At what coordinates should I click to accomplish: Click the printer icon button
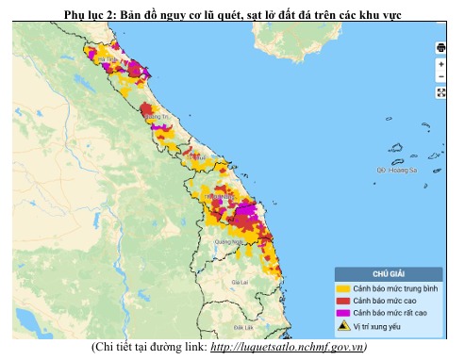point(440,48)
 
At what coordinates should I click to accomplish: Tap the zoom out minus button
point(440,76)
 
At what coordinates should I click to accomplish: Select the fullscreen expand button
point(440,92)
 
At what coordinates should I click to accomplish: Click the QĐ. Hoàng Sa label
point(395,171)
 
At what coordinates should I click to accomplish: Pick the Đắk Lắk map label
point(244,326)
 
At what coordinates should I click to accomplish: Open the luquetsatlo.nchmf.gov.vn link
point(291,347)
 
